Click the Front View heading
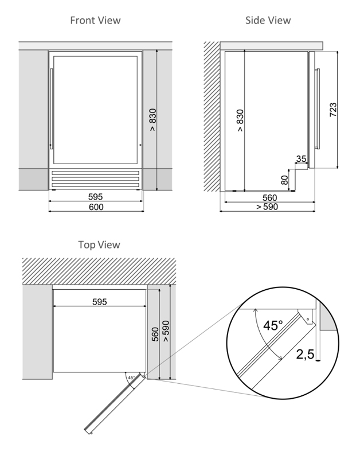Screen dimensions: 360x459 pyautogui.click(x=95, y=20)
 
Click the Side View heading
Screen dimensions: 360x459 pyautogui.click(x=268, y=20)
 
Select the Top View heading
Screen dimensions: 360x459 pyautogui.click(x=99, y=244)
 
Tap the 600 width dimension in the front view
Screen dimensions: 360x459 pyautogui.click(x=96, y=207)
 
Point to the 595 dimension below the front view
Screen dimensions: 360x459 pyautogui.click(x=96, y=196)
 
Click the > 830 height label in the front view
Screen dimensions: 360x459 pyautogui.click(x=152, y=120)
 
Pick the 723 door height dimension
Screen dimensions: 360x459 pyautogui.click(x=333, y=110)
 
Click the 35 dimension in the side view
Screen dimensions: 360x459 pyautogui.click(x=301, y=159)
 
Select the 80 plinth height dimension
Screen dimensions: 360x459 pyautogui.click(x=284, y=180)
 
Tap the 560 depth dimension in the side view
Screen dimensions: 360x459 pyautogui.click(x=269, y=197)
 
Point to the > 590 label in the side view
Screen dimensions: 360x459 pyautogui.click(x=267, y=207)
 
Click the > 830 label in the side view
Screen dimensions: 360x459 pyautogui.click(x=240, y=120)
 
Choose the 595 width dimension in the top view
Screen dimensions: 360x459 pyautogui.click(x=100, y=302)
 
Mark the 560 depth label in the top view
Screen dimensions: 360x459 pyautogui.click(x=155, y=334)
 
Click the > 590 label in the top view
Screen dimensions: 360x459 pyautogui.click(x=166, y=331)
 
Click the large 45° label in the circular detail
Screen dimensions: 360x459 pyautogui.click(x=273, y=325)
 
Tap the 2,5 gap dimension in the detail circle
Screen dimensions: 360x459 pyautogui.click(x=306, y=355)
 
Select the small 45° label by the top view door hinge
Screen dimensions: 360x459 pyautogui.click(x=132, y=378)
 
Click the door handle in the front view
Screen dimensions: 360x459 pyautogui.click(x=52, y=109)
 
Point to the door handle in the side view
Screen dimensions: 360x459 pyautogui.click(x=318, y=108)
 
